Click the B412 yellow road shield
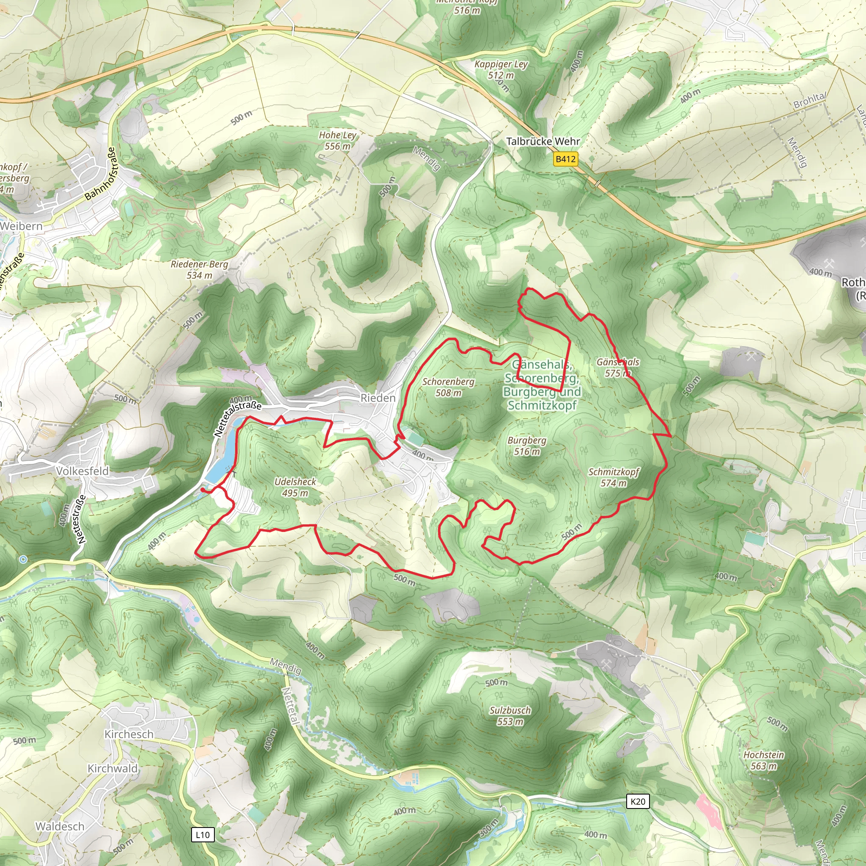(x=565, y=159)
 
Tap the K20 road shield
(x=637, y=801)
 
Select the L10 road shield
(x=203, y=835)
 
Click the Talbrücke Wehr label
(x=543, y=141)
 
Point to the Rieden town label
(x=378, y=398)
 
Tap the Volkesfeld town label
(x=82, y=471)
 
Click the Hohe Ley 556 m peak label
(x=337, y=140)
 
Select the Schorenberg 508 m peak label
(x=448, y=387)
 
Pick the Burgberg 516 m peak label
(x=527, y=446)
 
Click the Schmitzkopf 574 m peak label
(x=614, y=477)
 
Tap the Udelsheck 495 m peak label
(x=296, y=487)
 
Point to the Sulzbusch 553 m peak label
(x=510, y=716)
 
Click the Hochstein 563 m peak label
(x=763, y=760)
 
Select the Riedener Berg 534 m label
(x=200, y=269)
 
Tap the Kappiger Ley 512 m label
(x=501, y=69)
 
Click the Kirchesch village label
(x=129, y=734)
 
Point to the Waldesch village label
(x=60, y=826)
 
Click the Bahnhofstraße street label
(x=100, y=174)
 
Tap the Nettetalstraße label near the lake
(x=238, y=419)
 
